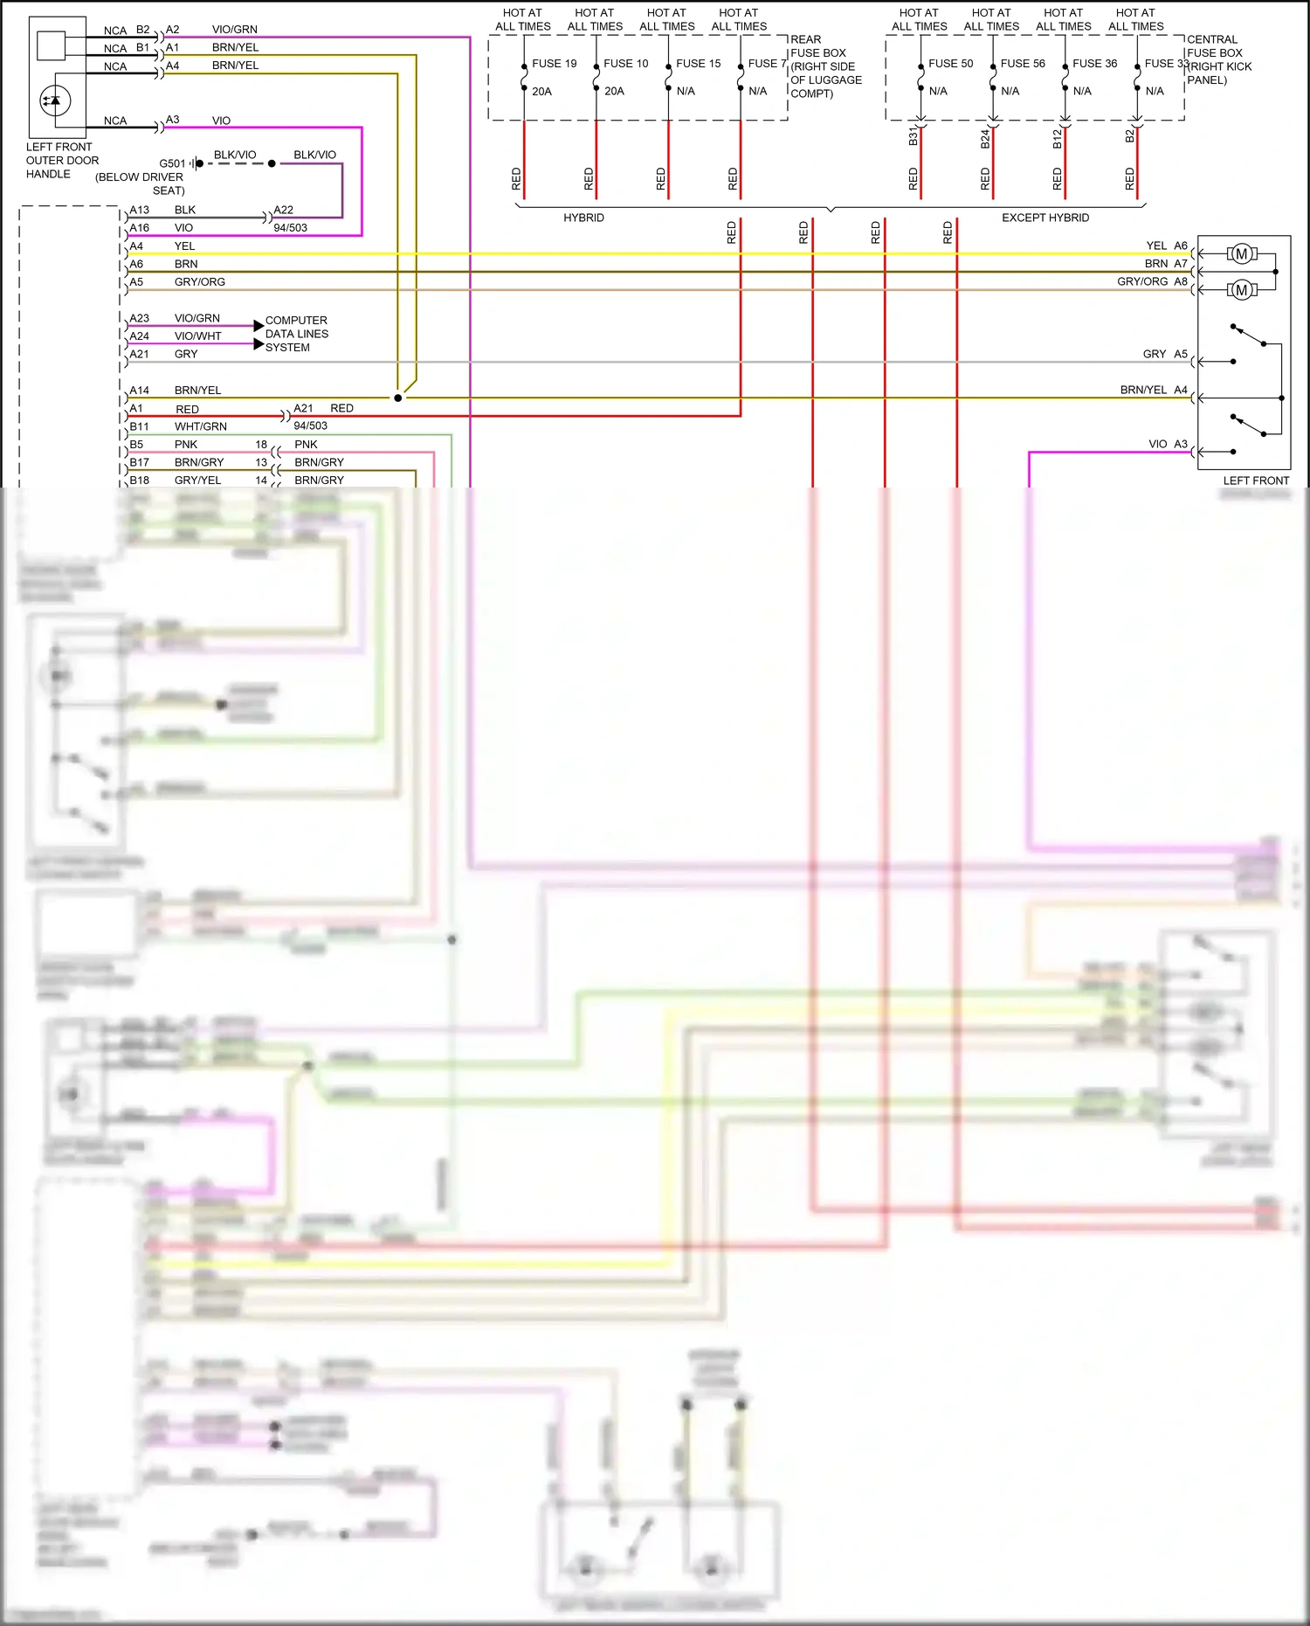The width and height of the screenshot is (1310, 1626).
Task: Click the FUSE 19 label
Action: (554, 64)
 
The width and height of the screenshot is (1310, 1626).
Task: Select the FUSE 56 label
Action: (1022, 64)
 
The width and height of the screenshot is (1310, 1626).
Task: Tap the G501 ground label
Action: (172, 163)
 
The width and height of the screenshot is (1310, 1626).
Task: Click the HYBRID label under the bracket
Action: (583, 218)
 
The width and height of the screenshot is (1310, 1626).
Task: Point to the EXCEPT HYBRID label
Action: (1045, 218)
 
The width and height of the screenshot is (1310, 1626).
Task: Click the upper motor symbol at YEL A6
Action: (1241, 254)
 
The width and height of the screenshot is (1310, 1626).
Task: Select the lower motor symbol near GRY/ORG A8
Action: (1241, 290)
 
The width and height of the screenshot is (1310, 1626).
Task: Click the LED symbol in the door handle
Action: (55, 100)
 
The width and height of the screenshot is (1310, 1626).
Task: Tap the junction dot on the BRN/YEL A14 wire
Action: (398, 398)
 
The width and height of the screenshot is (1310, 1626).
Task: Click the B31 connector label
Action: (913, 137)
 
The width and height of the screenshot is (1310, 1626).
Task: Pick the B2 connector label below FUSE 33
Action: (1128, 137)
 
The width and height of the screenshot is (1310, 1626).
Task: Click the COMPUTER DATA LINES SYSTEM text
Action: (296, 334)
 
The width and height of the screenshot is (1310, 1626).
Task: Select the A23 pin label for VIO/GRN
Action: (139, 318)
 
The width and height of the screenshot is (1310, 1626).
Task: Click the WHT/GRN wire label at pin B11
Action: (200, 426)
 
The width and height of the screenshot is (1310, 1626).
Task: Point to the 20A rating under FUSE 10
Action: (614, 91)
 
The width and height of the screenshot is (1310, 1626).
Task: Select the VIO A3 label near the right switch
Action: (1167, 444)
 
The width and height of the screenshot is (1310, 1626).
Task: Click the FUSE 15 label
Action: (698, 64)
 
